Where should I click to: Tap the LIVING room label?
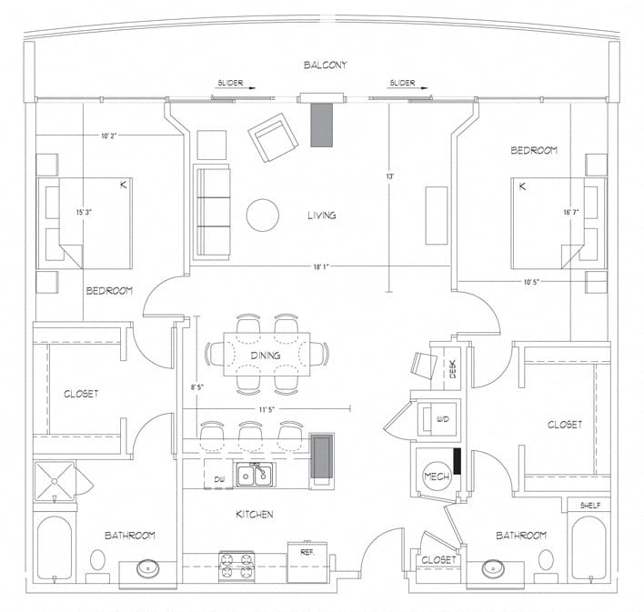coord(321,216)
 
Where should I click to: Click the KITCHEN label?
coord(256,515)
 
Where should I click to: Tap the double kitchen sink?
coord(254,475)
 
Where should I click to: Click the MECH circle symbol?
coord(433,477)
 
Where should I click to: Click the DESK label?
coord(453,368)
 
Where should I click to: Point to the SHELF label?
coord(589,506)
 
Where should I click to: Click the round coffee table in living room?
coord(263,215)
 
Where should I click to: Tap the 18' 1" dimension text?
coord(321,266)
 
